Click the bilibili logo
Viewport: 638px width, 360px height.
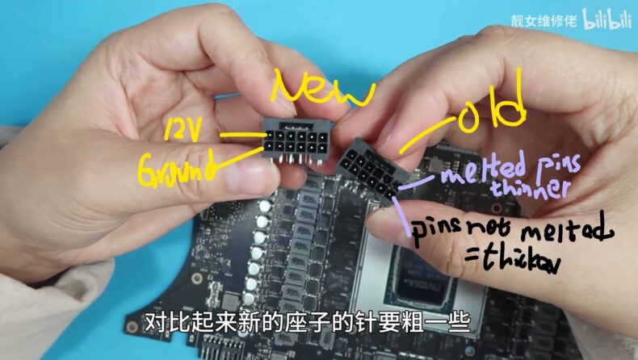point(607,22)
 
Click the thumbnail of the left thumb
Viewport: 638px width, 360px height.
point(250,173)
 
